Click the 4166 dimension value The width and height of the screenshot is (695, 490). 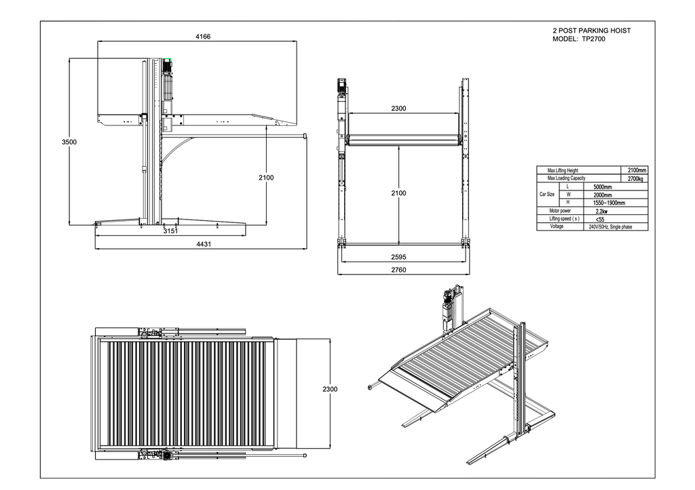[x=202, y=37]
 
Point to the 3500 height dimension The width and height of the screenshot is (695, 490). [x=69, y=142]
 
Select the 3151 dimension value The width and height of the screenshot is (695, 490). [x=170, y=231]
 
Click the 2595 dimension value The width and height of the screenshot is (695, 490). [x=398, y=258]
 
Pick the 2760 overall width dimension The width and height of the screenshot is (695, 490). [x=398, y=270]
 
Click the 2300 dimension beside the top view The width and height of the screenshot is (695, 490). [x=330, y=389]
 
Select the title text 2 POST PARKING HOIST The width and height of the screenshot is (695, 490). [x=592, y=31]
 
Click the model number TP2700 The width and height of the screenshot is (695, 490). [x=593, y=39]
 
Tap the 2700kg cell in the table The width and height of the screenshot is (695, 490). [x=635, y=178]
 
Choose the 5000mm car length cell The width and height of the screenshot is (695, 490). [x=603, y=186]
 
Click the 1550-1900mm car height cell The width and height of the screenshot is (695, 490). [x=609, y=203]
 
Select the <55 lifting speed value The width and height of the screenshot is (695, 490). [x=599, y=219]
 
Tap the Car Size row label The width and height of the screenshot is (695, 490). [x=547, y=195]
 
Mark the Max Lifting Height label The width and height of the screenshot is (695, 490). [x=563, y=170]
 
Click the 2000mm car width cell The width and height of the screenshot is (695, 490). [x=603, y=195]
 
